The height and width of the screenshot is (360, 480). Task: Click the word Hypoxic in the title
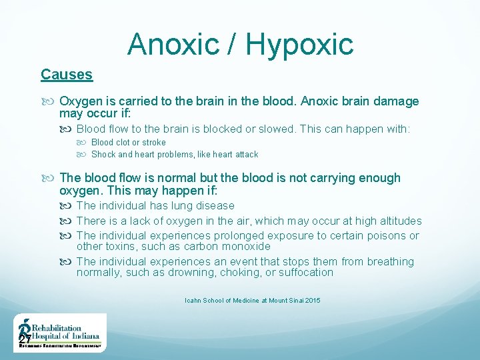pos(299,45)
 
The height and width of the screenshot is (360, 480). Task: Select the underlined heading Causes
pos(67,75)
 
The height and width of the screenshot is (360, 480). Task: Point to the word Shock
pos(103,154)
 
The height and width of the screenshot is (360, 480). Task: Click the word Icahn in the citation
pos(194,301)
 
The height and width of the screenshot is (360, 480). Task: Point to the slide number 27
pos(25,341)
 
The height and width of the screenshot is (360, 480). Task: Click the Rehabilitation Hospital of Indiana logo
pos(60,333)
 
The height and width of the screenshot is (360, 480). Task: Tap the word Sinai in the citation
pos(292,301)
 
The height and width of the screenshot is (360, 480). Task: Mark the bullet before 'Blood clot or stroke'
pos(85,143)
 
